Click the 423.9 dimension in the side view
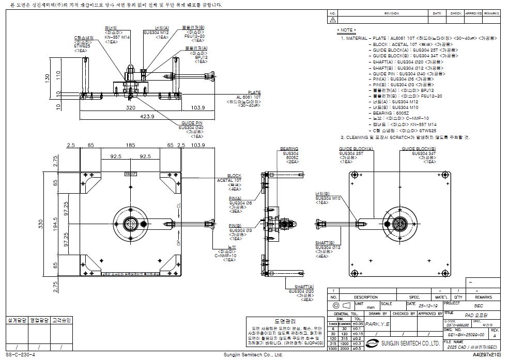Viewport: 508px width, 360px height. (x=133, y=117)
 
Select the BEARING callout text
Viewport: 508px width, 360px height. (x=289, y=149)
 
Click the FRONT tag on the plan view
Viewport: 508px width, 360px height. (x=130, y=175)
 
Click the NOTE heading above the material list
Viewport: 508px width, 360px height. (x=347, y=30)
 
